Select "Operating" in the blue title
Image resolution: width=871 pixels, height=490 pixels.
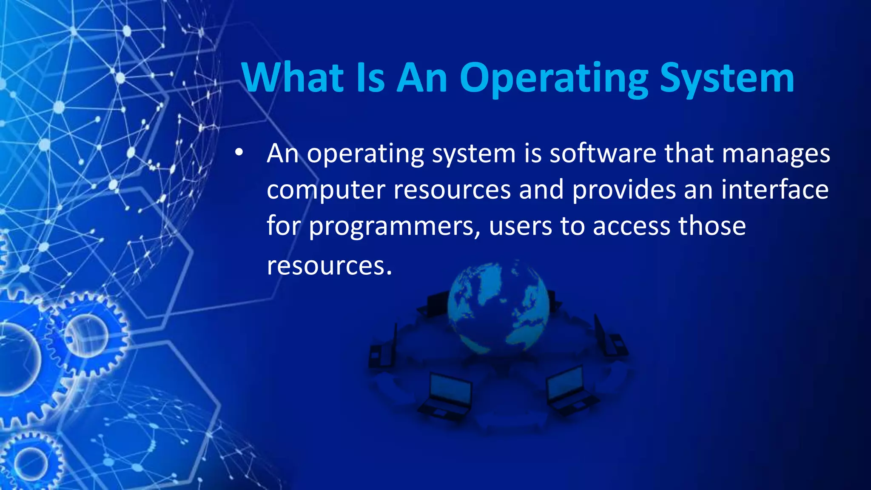click(x=554, y=79)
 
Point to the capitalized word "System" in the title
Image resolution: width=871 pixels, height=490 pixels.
click(x=727, y=79)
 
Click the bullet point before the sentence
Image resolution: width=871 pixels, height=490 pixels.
click(x=239, y=152)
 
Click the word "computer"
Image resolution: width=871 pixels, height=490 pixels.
click(x=326, y=190)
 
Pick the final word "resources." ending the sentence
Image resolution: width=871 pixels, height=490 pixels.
click(x=329, y=266)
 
